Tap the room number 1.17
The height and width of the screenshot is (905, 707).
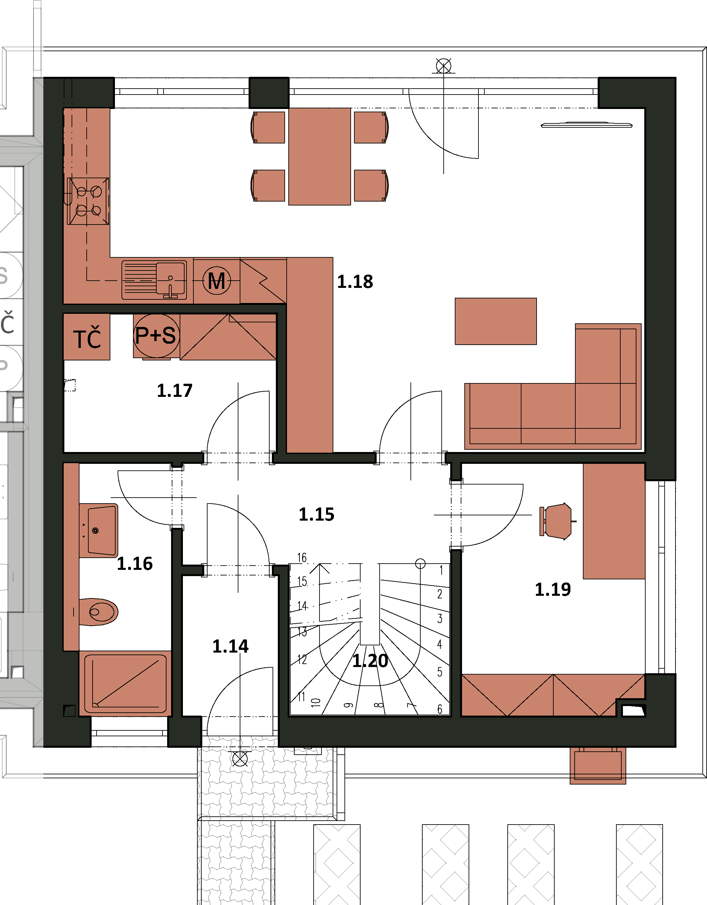[174, 390]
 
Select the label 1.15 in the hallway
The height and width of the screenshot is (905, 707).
[316, 514]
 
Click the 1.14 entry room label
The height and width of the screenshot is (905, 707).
[231, 646]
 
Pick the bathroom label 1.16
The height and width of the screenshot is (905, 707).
[135, 564]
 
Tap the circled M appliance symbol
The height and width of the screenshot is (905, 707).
[217, 281]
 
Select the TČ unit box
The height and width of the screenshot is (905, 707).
[87, 337]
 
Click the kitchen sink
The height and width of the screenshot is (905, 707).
[154, 280]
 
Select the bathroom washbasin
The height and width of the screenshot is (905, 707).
[99, 530]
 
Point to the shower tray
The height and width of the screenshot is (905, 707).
[125, 683]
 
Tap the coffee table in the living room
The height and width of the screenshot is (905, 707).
[496, 321]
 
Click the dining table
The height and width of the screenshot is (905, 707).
[320, 157]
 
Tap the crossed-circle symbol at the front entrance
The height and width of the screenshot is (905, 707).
[240, 759]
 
